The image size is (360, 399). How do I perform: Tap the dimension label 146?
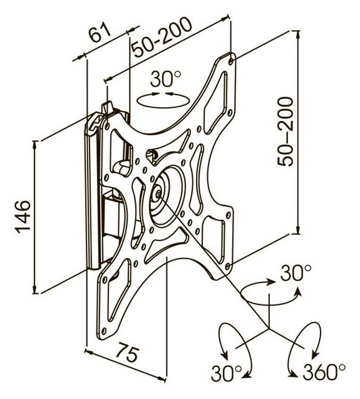pos(23,217)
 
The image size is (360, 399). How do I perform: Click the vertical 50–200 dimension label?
pos(285,132)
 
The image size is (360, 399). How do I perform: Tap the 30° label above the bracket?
pos(165,79)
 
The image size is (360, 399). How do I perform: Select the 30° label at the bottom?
pos(226,373)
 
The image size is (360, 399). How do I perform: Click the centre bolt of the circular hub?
pos(158,194)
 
